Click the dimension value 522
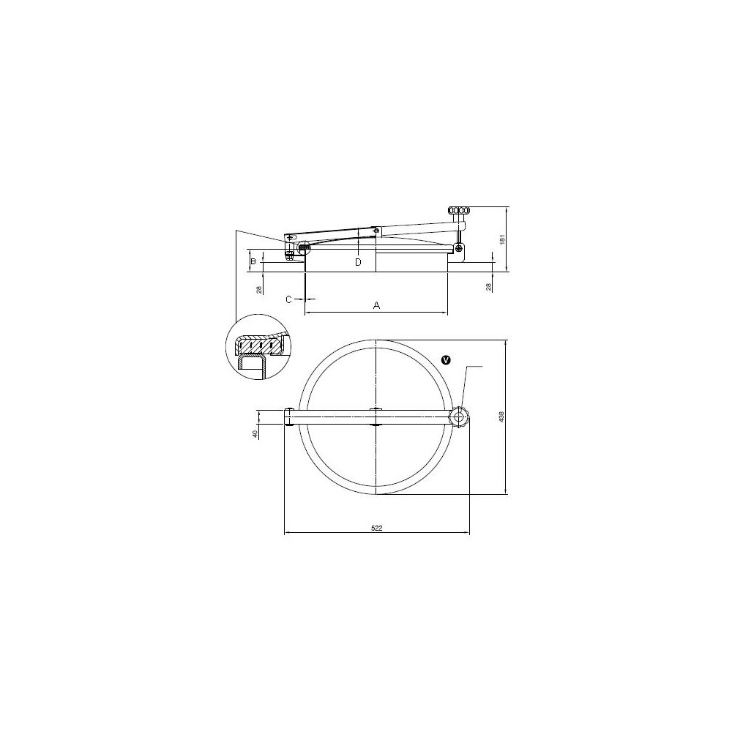click(x=377, y=529)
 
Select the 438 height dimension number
click(x=502, y=417)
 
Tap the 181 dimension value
click(x=502, y=239)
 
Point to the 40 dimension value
click(x=255, y=433)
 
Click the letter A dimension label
click(x=377, y=305)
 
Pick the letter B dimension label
click(x=253, y=261)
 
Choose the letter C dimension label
click(x=288, y=299)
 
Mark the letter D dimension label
click(x=358, y=262)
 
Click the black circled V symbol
click(x=447, y=359)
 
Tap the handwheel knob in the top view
click(x=460, y=417)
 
